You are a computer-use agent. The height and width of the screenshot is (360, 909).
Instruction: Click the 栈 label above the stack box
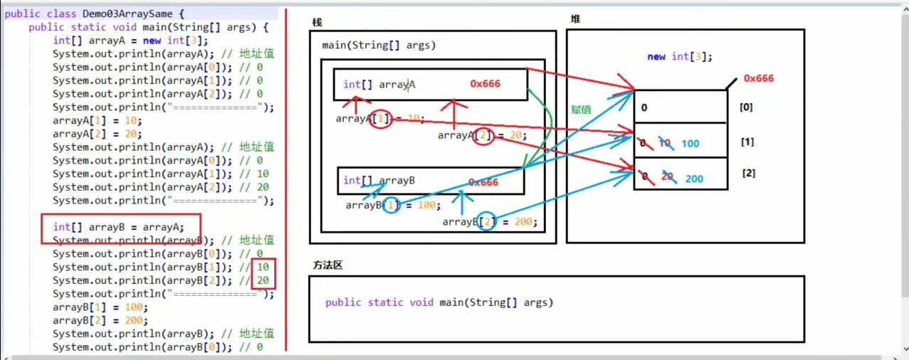[x=317, y=22]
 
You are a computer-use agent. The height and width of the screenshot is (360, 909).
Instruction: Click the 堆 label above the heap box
[x=575, y=19]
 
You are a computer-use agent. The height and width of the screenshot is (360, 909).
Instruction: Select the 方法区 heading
[x=328, y=265]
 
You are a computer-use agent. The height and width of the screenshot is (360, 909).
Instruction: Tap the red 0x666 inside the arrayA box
[x=485, y=84]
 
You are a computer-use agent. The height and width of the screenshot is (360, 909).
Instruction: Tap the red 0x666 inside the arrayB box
[x=483, y=182]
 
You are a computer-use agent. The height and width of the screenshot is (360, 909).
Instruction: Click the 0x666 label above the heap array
[x=758, y=78]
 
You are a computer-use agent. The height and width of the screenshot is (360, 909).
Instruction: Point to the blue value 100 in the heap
[x=690, y=144]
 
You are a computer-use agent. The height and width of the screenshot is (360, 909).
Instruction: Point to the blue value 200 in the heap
[x=695, y=179]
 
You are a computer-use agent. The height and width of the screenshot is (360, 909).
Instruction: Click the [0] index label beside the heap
[x=746, y=107]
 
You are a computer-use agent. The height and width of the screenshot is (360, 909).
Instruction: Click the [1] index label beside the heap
[x=747, y=142]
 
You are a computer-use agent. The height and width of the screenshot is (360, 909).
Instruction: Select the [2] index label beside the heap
[x=748, y=174]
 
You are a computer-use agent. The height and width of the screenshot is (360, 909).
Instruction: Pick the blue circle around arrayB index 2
[x=487, y=222]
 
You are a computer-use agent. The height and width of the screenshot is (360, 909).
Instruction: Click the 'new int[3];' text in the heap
[x=679, y=57]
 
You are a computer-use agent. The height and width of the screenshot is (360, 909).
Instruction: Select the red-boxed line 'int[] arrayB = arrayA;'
[x=118, y=228]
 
